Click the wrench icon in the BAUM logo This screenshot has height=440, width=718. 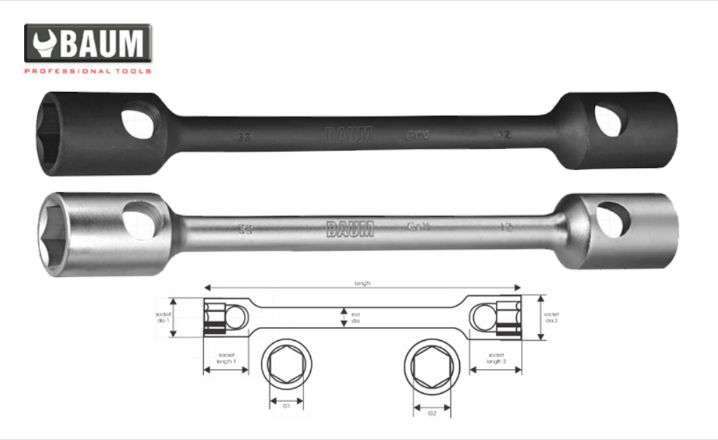[x=43, y=44]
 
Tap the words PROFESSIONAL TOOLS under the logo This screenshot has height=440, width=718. [x=88, y=71]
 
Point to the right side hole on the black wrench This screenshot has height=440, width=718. [x=608, y=120]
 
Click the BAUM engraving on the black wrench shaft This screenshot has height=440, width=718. [x=349, y=134]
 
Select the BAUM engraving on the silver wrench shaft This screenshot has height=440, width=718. [x=350, y=229]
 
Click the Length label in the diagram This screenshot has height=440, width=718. [x=362, y=283]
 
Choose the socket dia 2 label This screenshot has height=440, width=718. [x=553, y=318]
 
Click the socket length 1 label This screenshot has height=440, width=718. [x=226, y=359]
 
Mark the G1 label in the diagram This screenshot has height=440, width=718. [x=287, y=406]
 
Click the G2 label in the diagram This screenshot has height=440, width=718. [x=432, y=413]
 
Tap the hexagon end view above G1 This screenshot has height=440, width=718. [x=287, y=366]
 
